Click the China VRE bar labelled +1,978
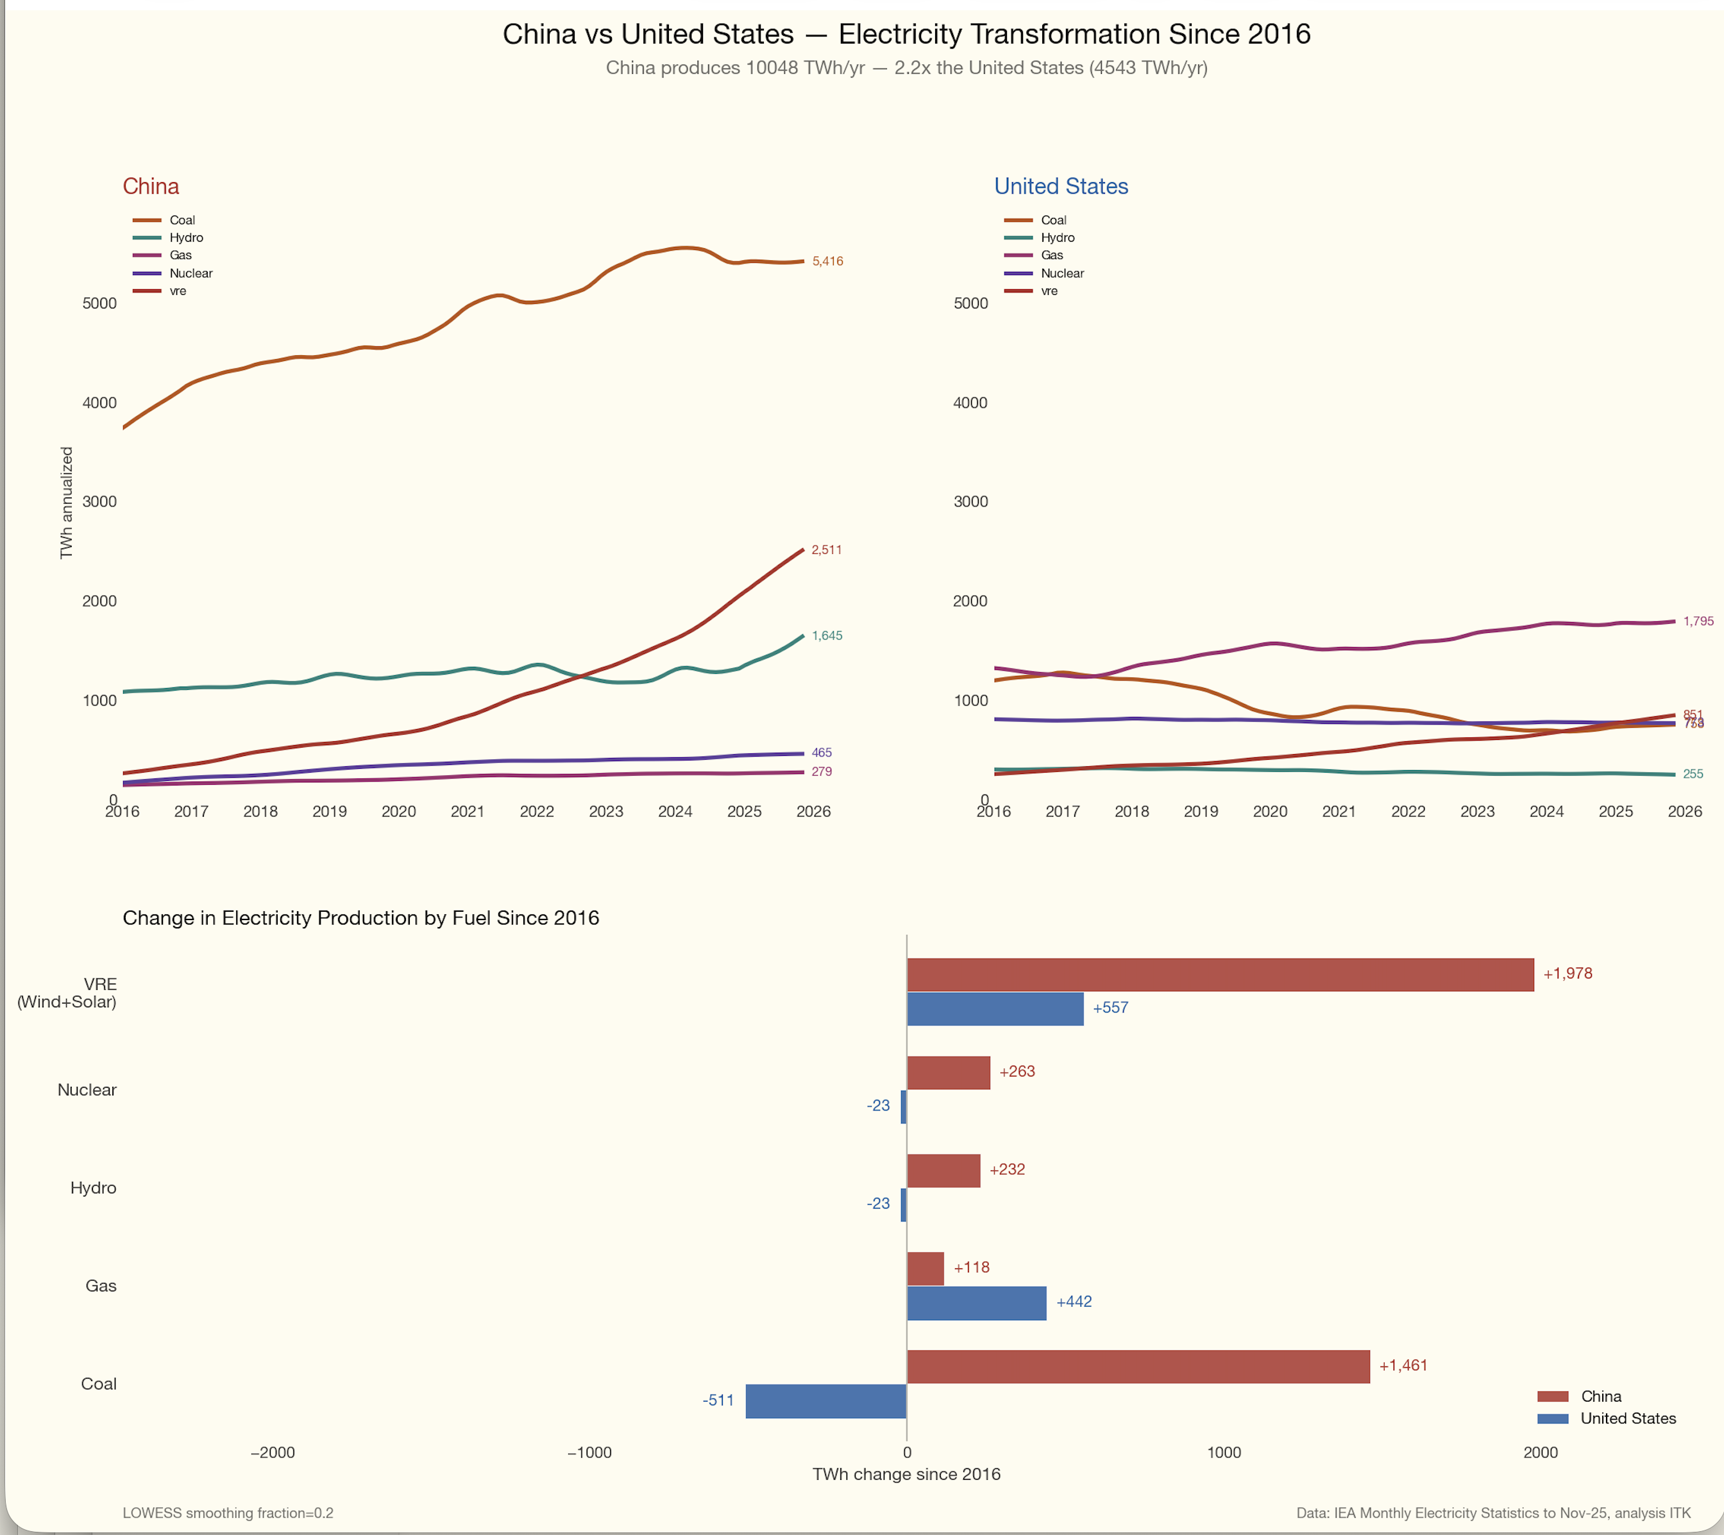pos(1220,974)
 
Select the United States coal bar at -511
pos(825,1401)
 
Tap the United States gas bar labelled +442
pos(976,1302)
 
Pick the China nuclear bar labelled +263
pos(948,1072)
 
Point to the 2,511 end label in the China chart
pos(825,550)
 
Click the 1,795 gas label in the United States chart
pos(1698,621)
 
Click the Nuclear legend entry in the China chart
pos(190,273)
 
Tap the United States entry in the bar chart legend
pos(1627,1418)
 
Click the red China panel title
pos(151,187)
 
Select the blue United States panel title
pos(1060,187)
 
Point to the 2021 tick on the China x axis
pos(468,811)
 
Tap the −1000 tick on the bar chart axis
pos(589,1452)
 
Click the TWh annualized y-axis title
pos(67,503)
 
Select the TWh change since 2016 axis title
pos(906,1474)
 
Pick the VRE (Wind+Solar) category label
pos(67,993)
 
